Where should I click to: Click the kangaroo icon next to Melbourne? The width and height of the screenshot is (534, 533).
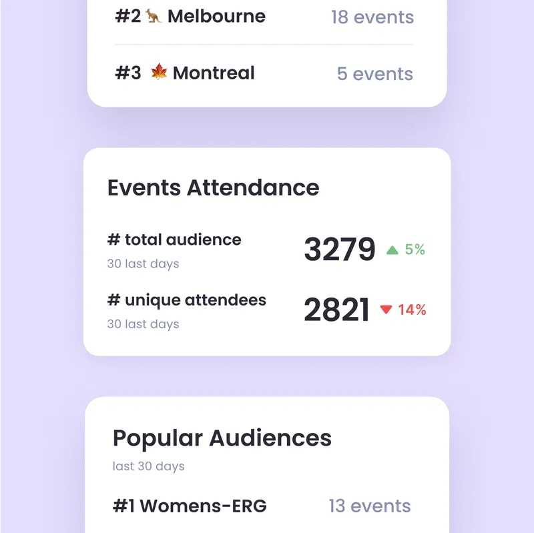click(154, 16)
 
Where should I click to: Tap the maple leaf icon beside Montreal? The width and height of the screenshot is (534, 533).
click(159, 72)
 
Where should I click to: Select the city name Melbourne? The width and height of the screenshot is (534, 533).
click(216, 16)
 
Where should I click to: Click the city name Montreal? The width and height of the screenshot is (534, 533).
click(214, 73)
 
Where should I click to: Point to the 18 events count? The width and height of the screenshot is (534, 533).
click(372, 17)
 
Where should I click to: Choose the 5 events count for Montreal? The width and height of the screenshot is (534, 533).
click(375, 73)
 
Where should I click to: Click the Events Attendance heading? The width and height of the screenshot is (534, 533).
click(213, 187)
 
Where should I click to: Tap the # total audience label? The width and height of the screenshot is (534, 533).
click(174, 239)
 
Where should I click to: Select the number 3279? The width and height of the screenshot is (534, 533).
click(340, 249)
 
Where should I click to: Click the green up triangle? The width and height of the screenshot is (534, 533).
click(392, 250)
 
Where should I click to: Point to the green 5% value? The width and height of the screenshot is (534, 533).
click(415, 249)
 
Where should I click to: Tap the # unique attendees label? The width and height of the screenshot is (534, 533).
click(187, 300)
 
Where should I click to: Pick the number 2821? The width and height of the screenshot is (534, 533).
click(336, 310)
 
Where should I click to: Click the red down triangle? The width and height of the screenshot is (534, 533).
click(386, 310)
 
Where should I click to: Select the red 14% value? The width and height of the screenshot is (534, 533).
click(412, 310)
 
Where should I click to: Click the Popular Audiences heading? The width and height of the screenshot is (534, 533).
click(222, 438)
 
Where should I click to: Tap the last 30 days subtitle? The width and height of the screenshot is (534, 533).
click(149, 466)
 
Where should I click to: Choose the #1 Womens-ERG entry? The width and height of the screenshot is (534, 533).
click(190, 506)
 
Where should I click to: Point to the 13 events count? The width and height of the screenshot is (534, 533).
click(370, 506)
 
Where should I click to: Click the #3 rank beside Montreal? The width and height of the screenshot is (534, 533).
click(128, 73)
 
